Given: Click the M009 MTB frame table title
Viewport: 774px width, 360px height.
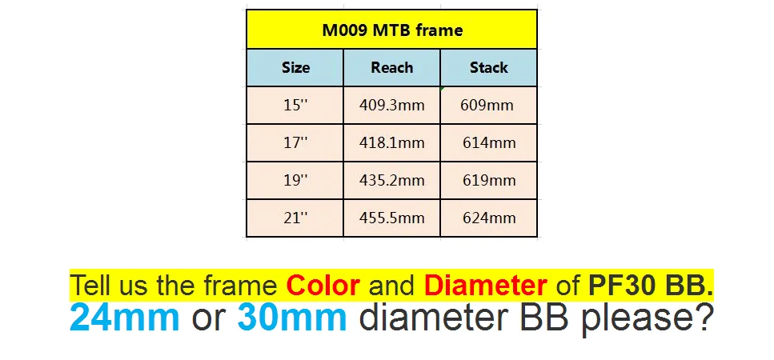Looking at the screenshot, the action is (392, 30).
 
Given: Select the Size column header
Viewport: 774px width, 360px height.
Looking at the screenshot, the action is (295, 67).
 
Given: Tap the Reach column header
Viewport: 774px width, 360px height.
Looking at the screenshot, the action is (392, 67).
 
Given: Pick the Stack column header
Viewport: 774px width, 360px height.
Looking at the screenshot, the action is (489, 67).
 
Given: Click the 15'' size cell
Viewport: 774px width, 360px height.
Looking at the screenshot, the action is (295, 105).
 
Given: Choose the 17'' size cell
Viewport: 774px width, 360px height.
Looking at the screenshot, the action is (295, 142).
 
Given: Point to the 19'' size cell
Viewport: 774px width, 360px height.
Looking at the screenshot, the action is (295, 180).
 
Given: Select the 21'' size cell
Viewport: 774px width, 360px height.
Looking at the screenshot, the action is (295, 218).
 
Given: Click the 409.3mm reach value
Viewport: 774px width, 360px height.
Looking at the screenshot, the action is (392, 105).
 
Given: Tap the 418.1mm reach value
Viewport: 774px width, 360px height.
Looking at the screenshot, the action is (392, 142).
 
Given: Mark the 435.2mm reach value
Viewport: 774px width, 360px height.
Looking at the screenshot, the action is (392, 180).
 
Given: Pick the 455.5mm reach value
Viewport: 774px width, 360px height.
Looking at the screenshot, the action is (392, 218).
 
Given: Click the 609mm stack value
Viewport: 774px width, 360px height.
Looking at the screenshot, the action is (487, 105).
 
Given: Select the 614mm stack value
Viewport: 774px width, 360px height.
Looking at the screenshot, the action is (489, 142).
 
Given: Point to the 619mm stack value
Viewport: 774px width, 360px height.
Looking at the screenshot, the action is (489, 180).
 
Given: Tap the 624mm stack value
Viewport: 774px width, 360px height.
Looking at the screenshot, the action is (489, 218).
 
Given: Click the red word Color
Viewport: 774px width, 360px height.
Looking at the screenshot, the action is (323, 285).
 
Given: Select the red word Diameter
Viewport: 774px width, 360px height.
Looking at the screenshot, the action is (486, 285).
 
